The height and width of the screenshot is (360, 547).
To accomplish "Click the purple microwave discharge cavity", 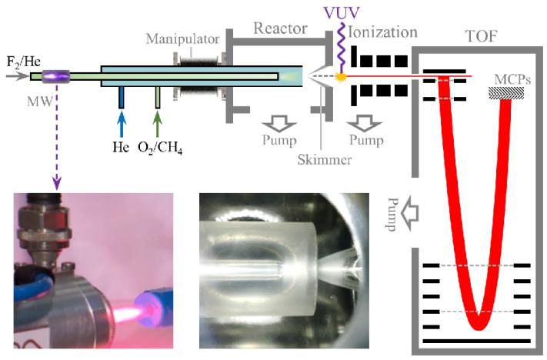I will (55, 75).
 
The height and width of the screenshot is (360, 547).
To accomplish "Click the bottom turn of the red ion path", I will (478, 322).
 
